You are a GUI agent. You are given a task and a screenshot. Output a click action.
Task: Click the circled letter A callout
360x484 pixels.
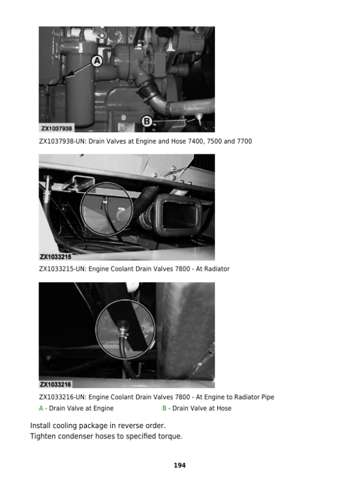pos(97,61)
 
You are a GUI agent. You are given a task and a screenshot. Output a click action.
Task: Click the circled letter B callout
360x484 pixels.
pos(147,121)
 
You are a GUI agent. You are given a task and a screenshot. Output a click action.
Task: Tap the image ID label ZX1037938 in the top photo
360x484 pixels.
pos(56,129)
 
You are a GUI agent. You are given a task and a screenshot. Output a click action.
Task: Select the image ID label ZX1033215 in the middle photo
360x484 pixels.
pos(56,257)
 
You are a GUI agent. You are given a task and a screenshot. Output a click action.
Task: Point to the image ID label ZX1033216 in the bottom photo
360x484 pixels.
pos(56,384)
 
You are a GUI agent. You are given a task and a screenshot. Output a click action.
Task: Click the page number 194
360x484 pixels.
pos(180,465)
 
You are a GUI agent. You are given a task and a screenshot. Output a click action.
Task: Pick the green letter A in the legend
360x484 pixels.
pos(41,408)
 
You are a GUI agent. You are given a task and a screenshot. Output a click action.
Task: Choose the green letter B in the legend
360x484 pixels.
pos(164,408)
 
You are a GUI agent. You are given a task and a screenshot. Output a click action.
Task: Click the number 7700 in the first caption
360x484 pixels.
pos(244,141)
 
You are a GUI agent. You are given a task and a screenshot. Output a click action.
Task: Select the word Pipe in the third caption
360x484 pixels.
pos(268,397)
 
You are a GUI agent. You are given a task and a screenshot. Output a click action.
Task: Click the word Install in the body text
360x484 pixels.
pos(40,426)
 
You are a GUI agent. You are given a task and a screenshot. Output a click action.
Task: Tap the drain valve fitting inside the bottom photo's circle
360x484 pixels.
pos(122,328)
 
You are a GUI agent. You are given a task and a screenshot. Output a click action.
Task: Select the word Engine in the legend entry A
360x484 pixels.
pos(103,408)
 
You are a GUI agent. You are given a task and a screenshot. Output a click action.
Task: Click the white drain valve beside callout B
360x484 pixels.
pos(199,119)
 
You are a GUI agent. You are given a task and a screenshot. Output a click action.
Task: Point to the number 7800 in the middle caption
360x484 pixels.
pos(182,269)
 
